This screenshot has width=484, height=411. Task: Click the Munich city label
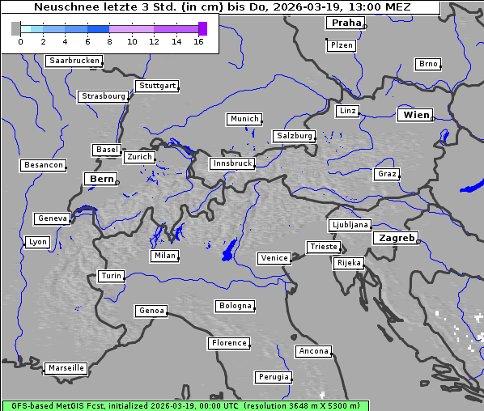pos(244,119)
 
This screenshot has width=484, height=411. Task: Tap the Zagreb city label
pos(394,238)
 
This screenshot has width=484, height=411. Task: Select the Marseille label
pos(66,368)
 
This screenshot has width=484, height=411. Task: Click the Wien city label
pos(416,115)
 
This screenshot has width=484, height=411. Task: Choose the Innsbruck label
pos(231,163)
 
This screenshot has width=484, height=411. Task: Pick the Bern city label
pos(101,179)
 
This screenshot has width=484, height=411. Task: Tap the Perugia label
pos(273,377)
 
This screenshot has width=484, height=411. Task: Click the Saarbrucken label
pos(74,61)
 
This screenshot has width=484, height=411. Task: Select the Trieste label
pos(323,247)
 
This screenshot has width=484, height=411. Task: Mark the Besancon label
pos(43,165)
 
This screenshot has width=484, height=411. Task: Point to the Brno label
pos(427,64)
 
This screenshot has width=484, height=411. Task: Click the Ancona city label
pos(313,351)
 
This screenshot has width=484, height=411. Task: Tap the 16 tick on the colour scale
pos(198,41)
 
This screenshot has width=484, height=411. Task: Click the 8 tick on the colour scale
pos(109,41)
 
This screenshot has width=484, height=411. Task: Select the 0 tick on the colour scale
pos(19,41)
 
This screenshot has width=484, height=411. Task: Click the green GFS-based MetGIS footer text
pos(185,405)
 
